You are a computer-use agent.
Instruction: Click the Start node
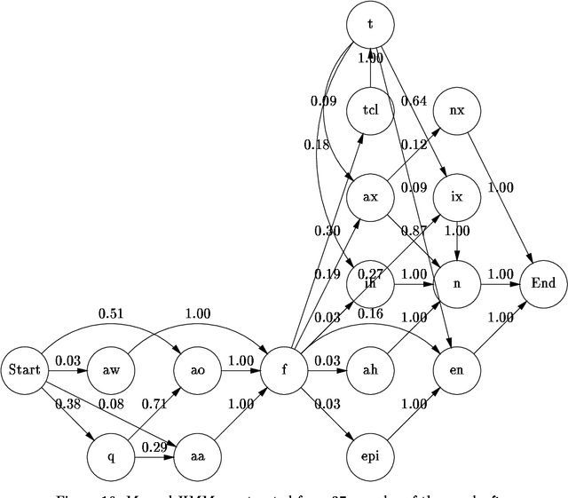[25, 368]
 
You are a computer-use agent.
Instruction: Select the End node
[542, 284]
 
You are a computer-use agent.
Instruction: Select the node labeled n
[456, 284]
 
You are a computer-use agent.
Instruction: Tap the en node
[456, 368]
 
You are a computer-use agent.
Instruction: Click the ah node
[369, 368]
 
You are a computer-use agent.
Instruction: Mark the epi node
[369, 456]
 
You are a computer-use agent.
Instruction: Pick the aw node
[112, 368]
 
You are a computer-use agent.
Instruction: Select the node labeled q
[112, 456]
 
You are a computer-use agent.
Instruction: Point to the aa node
[197, 456]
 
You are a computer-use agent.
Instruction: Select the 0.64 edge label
[414, 99]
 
